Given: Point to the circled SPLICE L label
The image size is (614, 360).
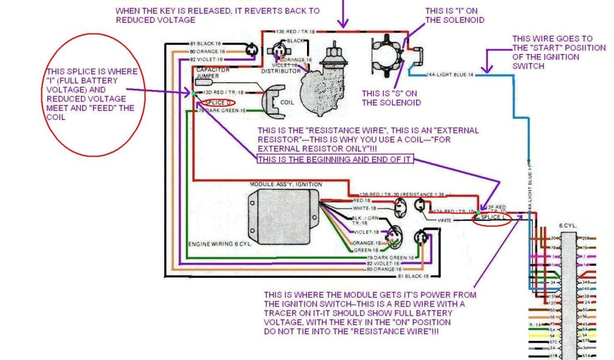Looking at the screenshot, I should pos(492,218).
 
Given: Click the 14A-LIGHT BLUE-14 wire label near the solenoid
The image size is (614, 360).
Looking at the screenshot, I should pos(449,75).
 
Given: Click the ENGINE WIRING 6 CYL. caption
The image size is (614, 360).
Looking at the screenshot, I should pos(218,244).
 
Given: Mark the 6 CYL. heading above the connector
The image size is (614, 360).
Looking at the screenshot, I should pos(567,226).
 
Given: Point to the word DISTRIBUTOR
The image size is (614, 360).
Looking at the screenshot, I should pos(281,71).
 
